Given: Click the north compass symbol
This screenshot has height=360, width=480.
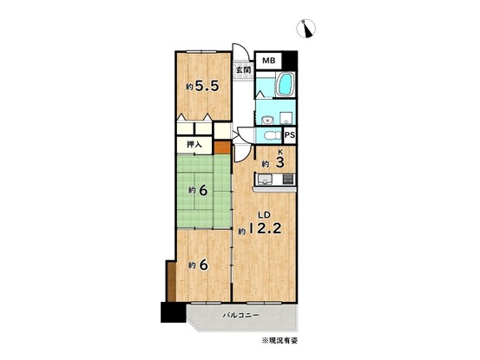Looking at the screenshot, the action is (x=306, y=29).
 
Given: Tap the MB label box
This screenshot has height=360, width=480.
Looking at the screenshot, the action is (x=269, y=61).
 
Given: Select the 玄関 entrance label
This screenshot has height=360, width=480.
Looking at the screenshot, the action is (x=243, y=69).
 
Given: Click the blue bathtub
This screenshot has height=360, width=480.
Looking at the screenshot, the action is (x=286, y=84).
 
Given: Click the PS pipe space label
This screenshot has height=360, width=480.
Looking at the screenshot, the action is (x=290, y=134).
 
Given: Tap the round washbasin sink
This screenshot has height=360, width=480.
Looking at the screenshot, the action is (x=268, y=120).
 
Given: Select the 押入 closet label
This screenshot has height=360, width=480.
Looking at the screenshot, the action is (x=194, y=144).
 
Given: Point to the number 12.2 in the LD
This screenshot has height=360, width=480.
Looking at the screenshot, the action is (x=265, y=228).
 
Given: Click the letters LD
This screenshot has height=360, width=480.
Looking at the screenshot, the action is (x=264, y=215).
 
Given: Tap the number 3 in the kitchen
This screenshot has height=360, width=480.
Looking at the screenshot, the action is (x=279, y=162).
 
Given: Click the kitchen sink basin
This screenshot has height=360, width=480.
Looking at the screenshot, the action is (x=263, y=180).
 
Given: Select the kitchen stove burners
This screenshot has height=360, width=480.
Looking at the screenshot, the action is (x=288, y=179).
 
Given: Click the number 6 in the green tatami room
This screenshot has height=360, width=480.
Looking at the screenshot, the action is (x=203, y=191).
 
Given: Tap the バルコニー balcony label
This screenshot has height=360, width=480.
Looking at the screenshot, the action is (x=240, y=315).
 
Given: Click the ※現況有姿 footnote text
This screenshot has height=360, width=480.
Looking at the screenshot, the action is (x=279, y=340).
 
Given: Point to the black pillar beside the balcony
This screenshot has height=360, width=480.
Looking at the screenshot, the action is (x=173, y=312).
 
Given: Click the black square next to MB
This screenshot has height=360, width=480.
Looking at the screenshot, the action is (x=290, y=60).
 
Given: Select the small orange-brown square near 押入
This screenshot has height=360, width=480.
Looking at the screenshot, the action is (x=222, y=147).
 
